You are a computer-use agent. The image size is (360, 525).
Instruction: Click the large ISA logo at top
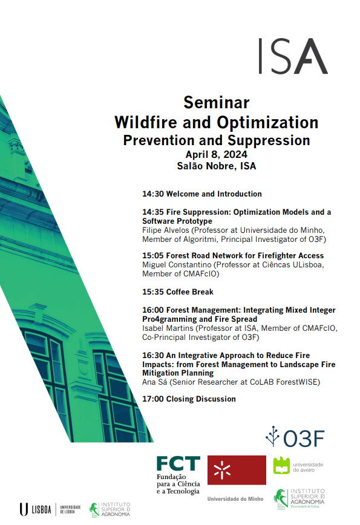[293, 56]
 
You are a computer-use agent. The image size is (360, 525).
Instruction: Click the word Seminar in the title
[217, 102]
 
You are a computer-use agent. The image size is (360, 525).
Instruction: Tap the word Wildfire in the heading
[146, 122]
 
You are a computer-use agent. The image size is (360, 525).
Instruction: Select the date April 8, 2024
[217, 154]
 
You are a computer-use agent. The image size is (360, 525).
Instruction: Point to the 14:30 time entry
[153, 194]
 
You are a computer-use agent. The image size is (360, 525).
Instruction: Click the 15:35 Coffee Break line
[178, 292]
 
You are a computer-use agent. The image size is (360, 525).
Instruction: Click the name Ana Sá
[154, 382]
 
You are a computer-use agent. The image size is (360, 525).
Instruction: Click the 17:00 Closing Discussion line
[189, 399]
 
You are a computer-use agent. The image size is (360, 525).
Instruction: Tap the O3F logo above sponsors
[295, 437]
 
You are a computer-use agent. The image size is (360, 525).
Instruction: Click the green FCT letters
[178, 464]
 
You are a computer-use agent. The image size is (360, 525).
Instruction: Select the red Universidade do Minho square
[237, 470]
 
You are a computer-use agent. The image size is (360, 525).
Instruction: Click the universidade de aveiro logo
[298, 466]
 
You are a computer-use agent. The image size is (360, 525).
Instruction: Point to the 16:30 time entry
[153, 356]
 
